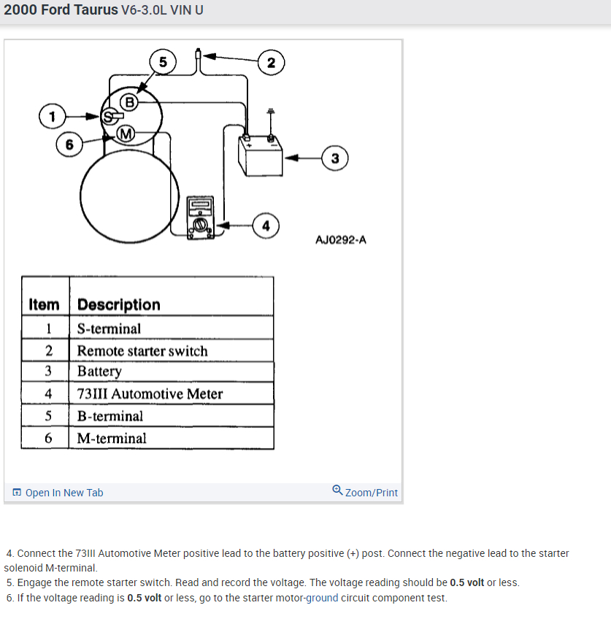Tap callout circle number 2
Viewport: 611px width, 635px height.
click(x=271, y=63)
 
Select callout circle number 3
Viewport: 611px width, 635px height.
click(x=334, y=158)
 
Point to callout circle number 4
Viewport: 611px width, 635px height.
click(x=266, y=226)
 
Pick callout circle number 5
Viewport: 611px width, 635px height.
click(x=163, y=62)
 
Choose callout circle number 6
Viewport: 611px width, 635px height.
click(x=69, y=145)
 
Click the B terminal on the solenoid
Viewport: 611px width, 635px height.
click(x=129, y=101)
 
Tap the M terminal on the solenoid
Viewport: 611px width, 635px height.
click(x=126, y=133)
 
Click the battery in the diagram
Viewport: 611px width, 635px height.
click(x=261, y=155)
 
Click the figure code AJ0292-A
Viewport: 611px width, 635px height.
click(x=341, y=239)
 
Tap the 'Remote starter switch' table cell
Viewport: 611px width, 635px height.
click(x=142, y=351)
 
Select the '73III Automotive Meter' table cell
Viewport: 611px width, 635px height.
click(x=150, y=394)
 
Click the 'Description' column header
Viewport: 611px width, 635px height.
click(x=118, y=304)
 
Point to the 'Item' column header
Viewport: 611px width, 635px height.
click(x=44, y=304)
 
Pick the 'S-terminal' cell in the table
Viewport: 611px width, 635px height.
click(x=109, y=329)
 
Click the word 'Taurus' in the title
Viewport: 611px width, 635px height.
click(x=81, y=11)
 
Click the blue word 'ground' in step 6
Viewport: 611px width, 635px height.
click(x=322, y=599)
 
